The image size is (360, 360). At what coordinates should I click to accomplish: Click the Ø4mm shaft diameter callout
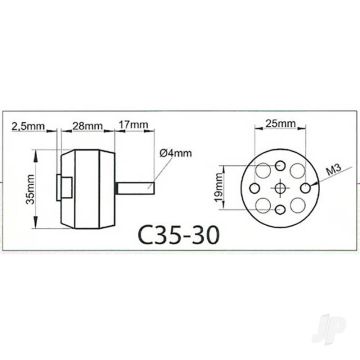tap(176, 153)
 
